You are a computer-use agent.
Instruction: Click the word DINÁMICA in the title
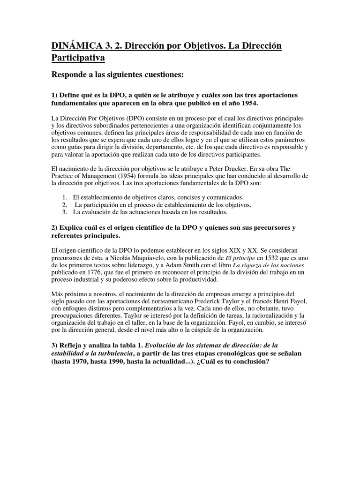pos(78,46)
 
